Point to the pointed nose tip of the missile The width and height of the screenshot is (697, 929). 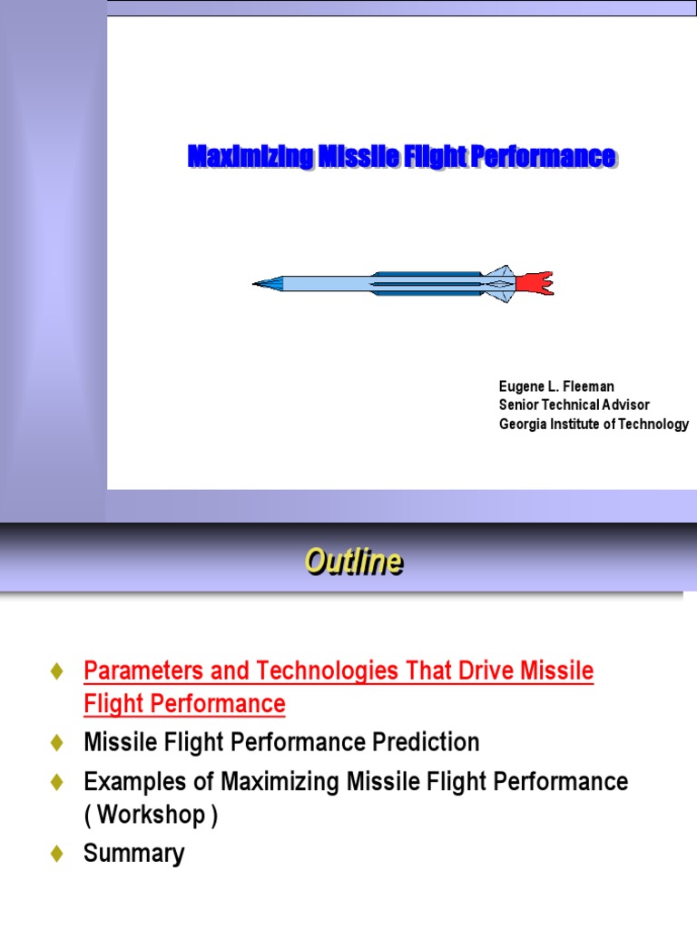[257, 284]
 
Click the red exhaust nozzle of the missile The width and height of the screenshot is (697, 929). [534, 284]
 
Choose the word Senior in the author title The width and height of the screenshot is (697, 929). [519, 406]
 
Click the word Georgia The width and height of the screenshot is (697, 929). [523, 424]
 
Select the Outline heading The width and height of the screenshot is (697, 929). [353, 563]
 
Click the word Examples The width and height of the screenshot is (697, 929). [128, 781]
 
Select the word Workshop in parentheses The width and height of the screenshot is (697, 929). [151, 815]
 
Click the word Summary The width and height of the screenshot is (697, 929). [133, 854]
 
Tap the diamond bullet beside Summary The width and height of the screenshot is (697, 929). [57, 854]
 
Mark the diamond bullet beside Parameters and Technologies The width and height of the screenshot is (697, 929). [57, 672]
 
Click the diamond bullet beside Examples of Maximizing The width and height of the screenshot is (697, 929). [57, 781]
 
